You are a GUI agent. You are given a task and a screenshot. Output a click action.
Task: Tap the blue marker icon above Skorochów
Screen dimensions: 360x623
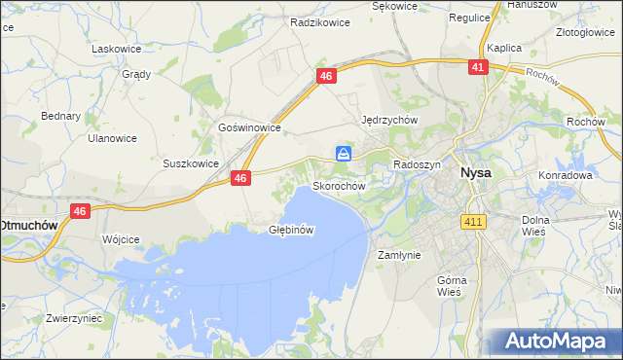(345, 154)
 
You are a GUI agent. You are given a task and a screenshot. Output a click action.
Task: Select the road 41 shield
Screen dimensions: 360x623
(477, 67)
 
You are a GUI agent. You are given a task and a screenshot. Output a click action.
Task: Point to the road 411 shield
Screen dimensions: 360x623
(474, 223)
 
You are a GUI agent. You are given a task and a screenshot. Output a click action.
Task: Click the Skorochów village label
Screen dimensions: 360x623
(338, 185)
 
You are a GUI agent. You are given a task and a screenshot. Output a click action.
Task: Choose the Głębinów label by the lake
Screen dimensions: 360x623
(291, 231)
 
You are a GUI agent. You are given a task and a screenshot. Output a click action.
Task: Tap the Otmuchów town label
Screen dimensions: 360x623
(29, 224)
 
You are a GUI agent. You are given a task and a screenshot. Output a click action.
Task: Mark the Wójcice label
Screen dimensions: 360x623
(121, 238)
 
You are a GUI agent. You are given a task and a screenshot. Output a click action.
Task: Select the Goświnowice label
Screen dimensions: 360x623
(249, 127)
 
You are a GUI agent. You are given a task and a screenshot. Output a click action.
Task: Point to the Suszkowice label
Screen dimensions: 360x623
(190, 163)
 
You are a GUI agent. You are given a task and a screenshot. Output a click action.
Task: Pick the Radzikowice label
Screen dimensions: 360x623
(320, 19)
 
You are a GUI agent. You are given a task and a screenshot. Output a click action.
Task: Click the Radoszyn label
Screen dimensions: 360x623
(417, 165)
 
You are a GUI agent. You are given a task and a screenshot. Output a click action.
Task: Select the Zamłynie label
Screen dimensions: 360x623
(398, 255)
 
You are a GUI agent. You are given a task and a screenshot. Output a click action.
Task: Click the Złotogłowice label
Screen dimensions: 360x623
(585, 32)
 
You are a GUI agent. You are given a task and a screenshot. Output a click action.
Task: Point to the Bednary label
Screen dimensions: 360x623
(60, 116)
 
